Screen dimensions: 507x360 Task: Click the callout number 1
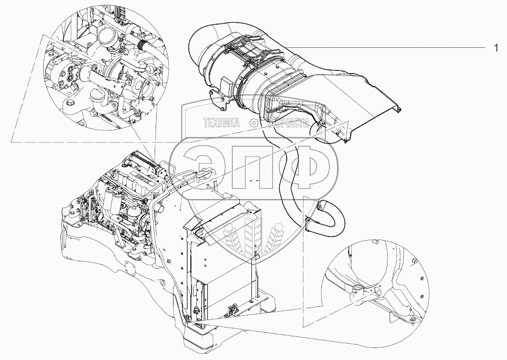click(495, 48)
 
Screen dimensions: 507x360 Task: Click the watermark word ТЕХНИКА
click(220, 123)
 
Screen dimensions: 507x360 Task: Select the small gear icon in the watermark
click(253, 123)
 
